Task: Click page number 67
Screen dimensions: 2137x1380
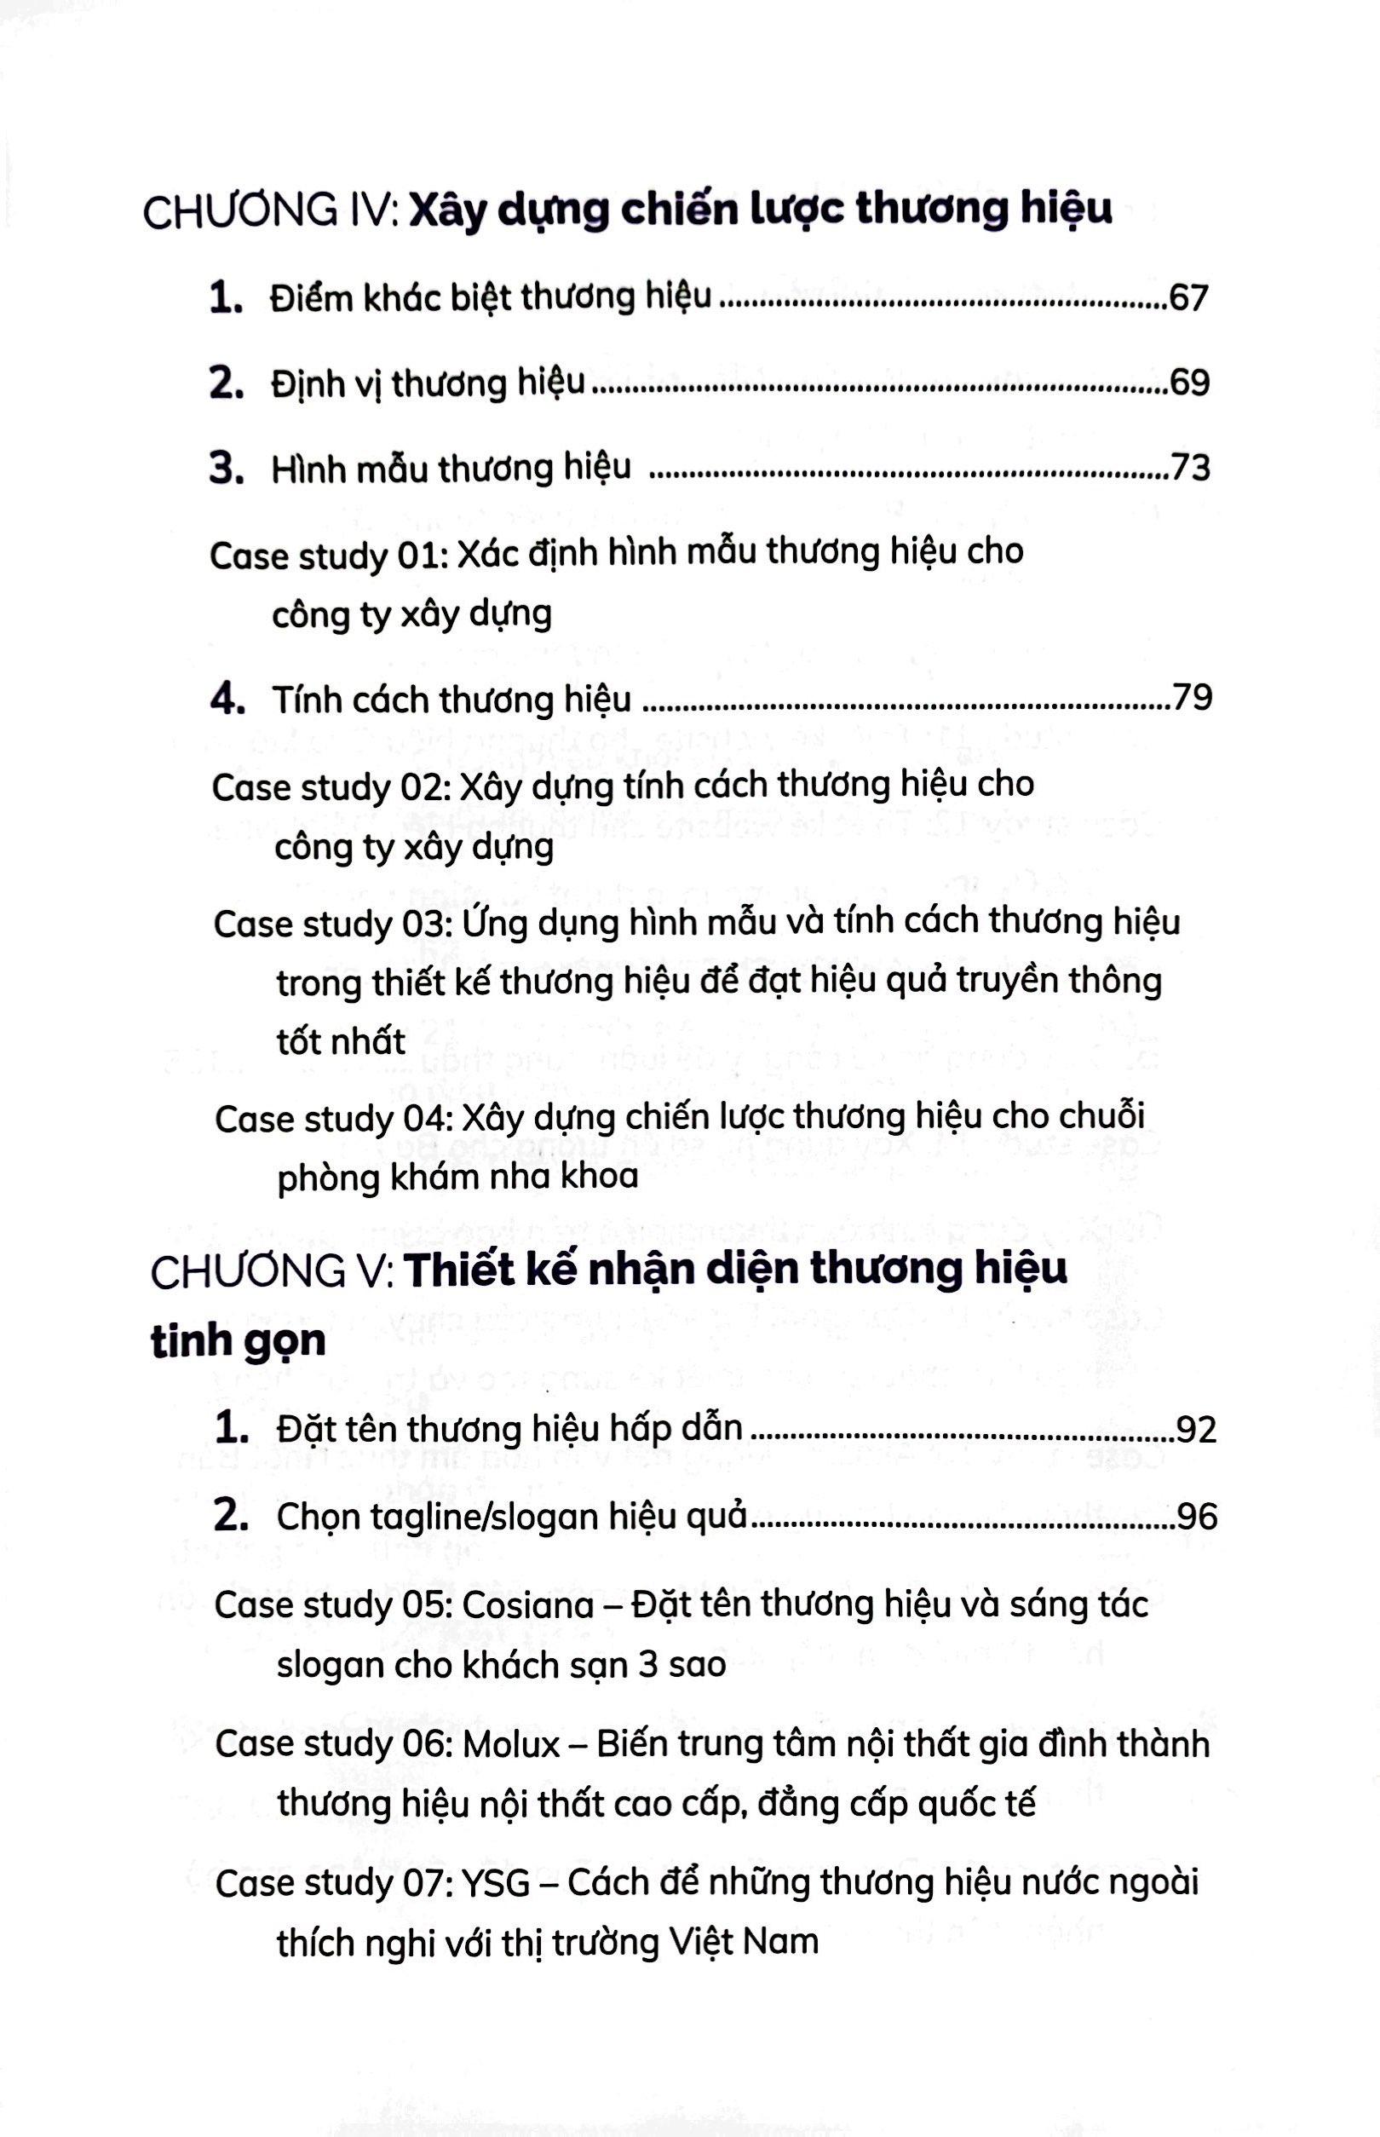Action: (x=1188, y=298)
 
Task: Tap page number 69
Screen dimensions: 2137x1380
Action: (x=1189, y=383)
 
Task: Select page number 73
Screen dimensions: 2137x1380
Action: (x=1191, y=469)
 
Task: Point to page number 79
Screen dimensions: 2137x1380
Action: (x=1192, y=700)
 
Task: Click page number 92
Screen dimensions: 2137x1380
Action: (x=1196, y=1430)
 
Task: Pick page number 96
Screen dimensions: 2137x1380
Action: (x=1197, y=1517)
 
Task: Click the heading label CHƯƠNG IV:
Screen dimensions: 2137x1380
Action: (x=270, y=213)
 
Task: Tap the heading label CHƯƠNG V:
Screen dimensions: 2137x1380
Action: (x=272, y=1272)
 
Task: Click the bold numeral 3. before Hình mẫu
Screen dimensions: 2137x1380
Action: (x=227, y=469)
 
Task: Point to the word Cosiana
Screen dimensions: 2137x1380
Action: (x=528, y=1604)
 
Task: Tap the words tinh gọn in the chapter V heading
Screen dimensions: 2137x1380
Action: (x=238, y=1342)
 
